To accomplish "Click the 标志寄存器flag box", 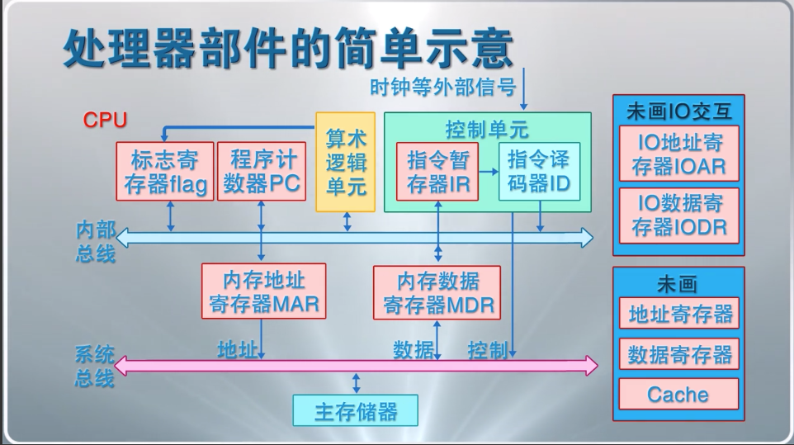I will pos(165,172).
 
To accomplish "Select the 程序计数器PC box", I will pos(262,172).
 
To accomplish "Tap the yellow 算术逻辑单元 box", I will pos(346,162).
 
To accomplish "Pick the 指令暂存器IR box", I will pos(438,172).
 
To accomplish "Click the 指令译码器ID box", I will pos(539,172).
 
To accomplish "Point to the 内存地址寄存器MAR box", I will pos(263,291).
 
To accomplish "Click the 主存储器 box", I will pos(355,410).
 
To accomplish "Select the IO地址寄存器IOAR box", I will pos(678,154).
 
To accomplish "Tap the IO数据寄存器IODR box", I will pos(678,215).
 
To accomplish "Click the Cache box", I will pos(678,394).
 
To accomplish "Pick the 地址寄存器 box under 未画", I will pos(678,314).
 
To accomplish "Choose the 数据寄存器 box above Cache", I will pos(678,355).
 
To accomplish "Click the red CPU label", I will pos(105,121).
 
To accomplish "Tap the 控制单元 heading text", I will pos(487,129).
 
